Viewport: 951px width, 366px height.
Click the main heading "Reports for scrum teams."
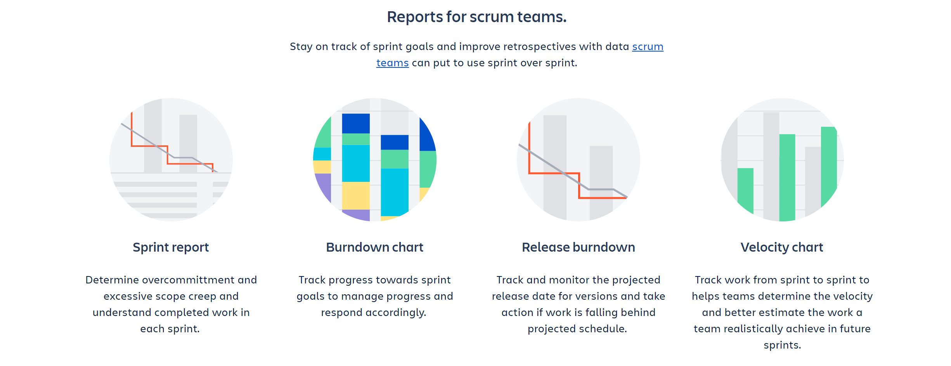click(477, 17)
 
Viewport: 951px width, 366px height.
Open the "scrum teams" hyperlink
click(648, 47)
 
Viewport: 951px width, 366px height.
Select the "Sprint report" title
click(171, 247)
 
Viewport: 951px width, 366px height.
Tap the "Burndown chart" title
click(374, 247)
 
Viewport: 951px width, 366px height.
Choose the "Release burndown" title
click(579, 247)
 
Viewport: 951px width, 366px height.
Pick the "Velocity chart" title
click(782, 247)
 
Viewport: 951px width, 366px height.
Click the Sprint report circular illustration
click(171, 160)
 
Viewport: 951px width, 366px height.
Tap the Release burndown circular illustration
click(579, 160)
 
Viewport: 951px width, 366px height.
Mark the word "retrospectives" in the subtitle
click(539, 47)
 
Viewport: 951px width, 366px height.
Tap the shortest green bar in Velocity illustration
click(745, 190)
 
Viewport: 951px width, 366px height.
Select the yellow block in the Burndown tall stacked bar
click(356, 196)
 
